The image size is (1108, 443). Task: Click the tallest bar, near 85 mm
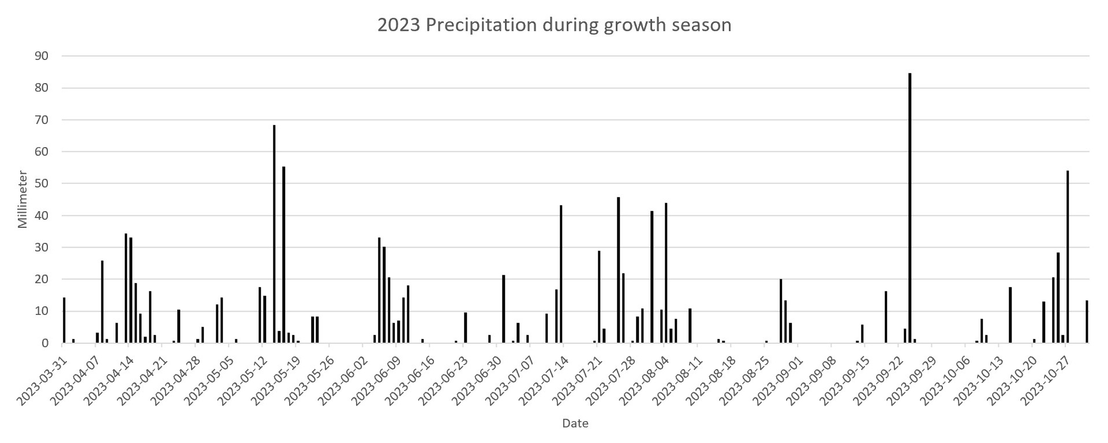[910, 208]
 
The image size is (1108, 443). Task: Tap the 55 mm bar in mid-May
[284, 254]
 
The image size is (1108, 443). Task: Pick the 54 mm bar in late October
[1068, 257]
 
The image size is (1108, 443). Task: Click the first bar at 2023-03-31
[64, 320]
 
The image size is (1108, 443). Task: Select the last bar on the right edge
[1087, 322]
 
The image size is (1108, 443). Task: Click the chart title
[554, 25]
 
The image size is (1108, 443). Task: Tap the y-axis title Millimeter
[23, 199]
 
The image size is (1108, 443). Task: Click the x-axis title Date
[575, 423]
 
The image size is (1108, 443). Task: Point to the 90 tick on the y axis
[42, 56]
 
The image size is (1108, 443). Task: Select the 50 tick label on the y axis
[42, 183]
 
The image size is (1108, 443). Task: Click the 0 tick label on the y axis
[45, 343]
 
